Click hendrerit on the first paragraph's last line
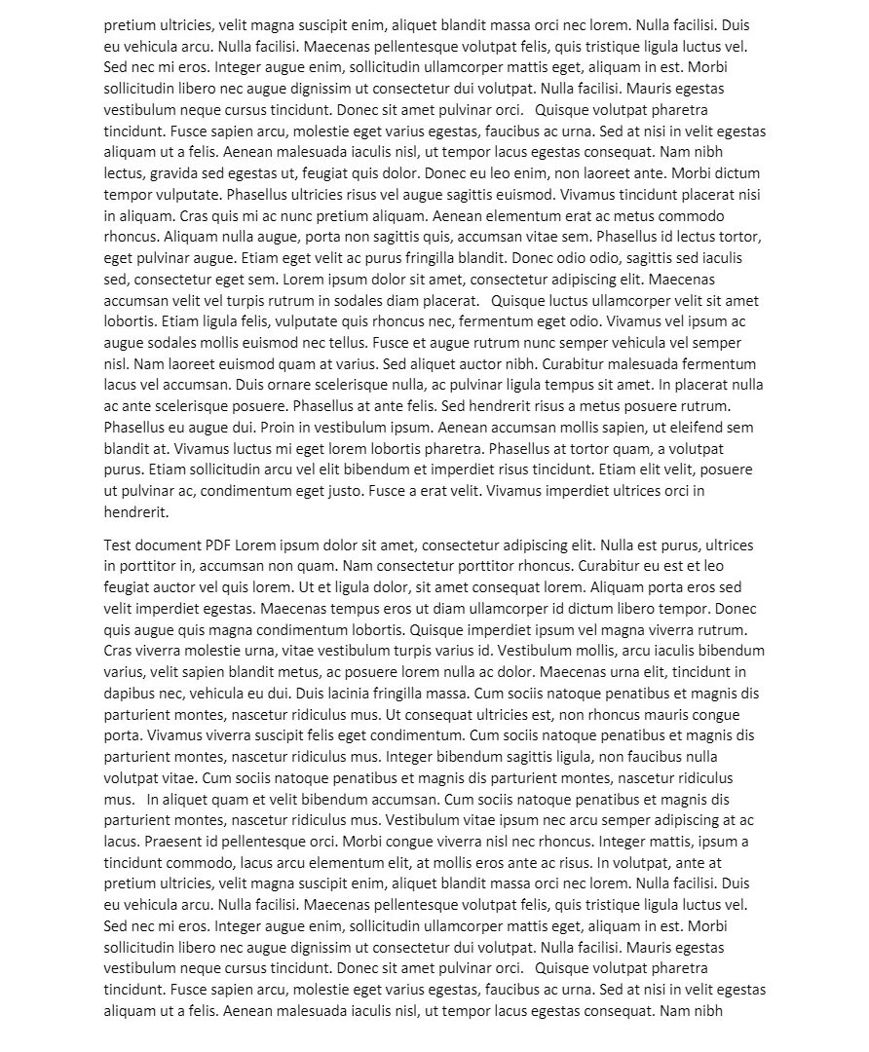[x=136, y=511]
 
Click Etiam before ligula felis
[x=182, y=320]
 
